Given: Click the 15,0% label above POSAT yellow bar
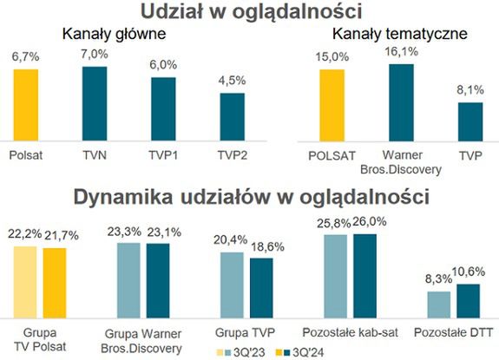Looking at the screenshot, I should click(332, 57).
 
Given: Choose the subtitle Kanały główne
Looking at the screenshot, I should click(111, 34).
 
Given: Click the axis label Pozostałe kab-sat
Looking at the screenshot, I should click(351, 332).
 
